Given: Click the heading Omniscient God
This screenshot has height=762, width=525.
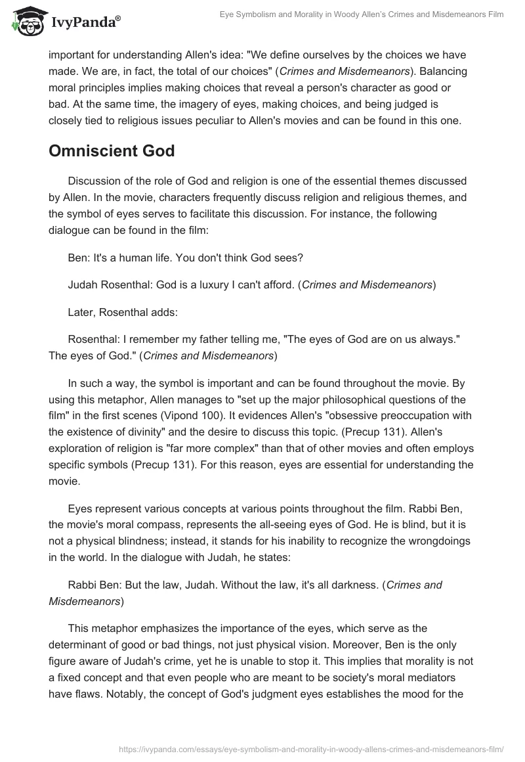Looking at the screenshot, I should [x=112, y=151].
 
